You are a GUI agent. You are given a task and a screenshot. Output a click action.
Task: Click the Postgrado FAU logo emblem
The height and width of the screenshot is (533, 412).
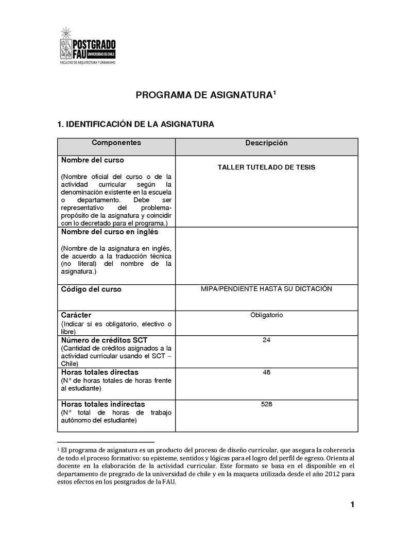click(66, 45)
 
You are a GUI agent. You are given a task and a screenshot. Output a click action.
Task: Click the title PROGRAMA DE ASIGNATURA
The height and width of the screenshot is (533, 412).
click(203, 95)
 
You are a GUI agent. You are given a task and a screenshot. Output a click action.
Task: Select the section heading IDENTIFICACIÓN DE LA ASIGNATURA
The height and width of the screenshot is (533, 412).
click(135, 124)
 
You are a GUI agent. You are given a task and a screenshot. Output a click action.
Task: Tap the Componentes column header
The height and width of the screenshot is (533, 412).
click(116, 143)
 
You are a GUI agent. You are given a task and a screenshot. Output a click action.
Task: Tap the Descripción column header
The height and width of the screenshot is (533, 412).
click(266, 143)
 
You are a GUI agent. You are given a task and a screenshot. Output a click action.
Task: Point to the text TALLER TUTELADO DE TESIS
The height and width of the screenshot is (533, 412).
click(266, 167)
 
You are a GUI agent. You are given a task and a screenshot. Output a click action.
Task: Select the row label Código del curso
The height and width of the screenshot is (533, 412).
click(91, 289)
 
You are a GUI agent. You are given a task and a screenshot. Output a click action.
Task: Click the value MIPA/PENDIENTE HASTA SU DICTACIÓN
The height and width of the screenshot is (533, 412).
click(266, 289)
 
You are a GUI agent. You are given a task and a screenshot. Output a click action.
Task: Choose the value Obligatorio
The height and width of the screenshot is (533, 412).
click(266, 315)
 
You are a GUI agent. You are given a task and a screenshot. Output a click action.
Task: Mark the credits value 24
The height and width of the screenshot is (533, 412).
click(266, 340)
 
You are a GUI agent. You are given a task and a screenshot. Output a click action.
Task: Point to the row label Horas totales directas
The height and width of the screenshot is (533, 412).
click(100, 372)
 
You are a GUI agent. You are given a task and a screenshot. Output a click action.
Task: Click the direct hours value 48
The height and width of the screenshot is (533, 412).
click(266, 372)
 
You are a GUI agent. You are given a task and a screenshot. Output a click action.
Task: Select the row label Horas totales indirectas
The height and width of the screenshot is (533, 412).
click(103, 404)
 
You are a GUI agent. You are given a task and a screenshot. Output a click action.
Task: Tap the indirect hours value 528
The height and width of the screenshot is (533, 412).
click(266, 404)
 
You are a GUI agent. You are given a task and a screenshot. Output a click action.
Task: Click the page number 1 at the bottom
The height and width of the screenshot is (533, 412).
click(352, 505)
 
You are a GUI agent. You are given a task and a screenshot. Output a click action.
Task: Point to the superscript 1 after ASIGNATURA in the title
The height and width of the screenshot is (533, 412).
click(274, 93)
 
